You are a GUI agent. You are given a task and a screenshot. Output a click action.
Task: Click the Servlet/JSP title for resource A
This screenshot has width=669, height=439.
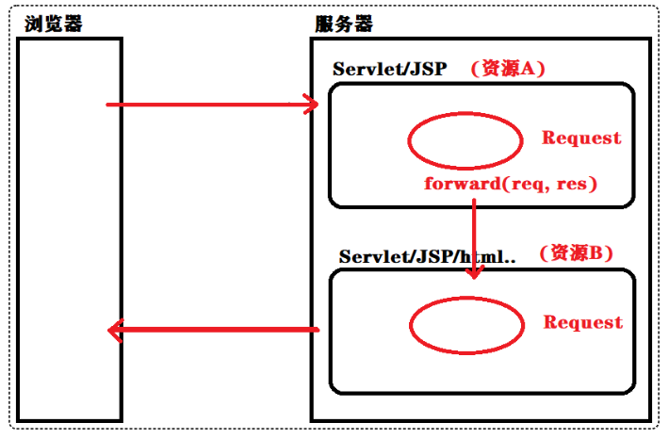(389, 71)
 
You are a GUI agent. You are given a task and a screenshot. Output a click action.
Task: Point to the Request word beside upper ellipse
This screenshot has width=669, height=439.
(580, 138)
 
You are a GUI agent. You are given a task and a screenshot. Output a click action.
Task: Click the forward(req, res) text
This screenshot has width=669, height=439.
(511, 183)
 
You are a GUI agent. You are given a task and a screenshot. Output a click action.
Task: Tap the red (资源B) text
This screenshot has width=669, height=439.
(575, 253)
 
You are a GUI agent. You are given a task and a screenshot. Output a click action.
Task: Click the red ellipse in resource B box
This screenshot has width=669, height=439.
(466, 323)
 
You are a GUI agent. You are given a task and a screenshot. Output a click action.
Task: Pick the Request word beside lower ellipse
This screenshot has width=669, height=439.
(582, 322)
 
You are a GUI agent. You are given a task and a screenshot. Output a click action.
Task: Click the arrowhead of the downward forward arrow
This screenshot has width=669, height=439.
(474, 270)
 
